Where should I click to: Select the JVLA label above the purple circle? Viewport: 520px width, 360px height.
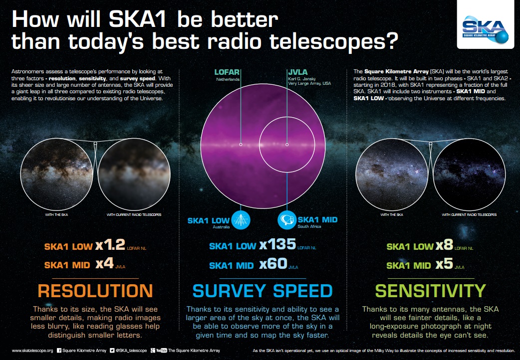pyautogui.click(x=298, y=72)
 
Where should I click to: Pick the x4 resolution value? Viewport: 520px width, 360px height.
pyautogui.click(x=104, y=264)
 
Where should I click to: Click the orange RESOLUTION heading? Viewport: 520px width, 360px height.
pyautogui.click(x=95, y=291)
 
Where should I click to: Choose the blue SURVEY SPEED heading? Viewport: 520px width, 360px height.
pyautogui.click(x=262, y=291)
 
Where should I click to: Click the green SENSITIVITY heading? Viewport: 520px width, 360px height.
pyautogui.click(x=430, y=291)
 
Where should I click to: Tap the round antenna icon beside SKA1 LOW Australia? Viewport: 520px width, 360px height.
pyautogui.click(x=241, y=220)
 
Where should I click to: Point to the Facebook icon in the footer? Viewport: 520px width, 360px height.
pyautogui.click(x=59, y=351)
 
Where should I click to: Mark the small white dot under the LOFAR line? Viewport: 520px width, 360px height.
pyautogui.click(x=241, y=145)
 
